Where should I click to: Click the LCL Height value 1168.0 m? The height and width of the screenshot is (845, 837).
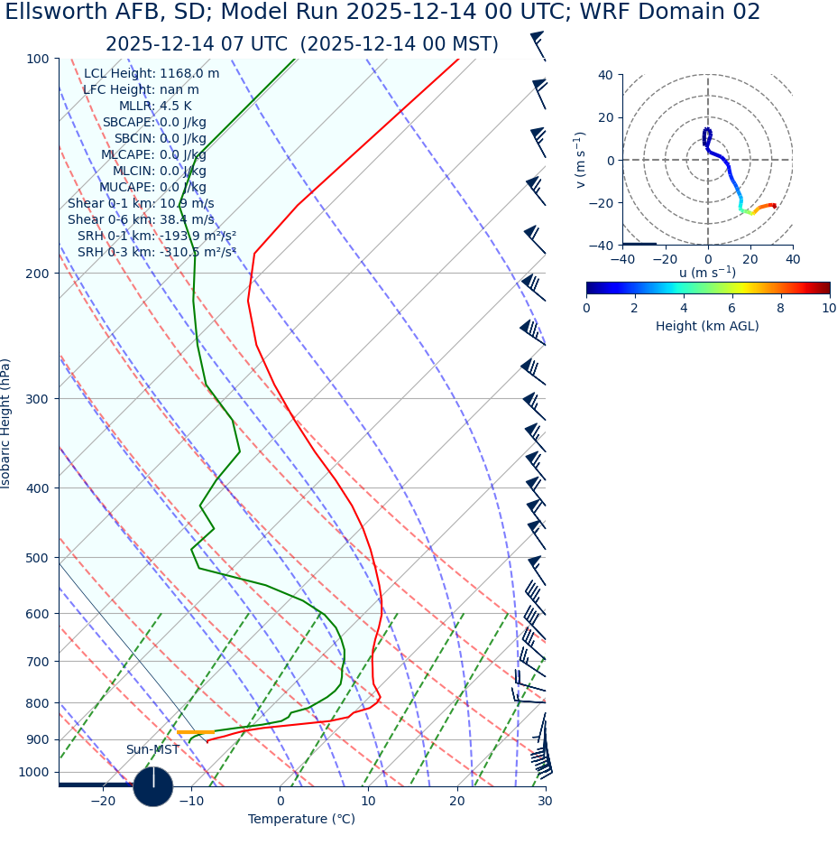pos(189,74)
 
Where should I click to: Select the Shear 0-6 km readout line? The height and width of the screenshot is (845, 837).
pos(141,219)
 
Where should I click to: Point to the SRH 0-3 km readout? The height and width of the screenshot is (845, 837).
pos(156,252)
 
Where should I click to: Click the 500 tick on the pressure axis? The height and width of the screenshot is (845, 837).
pos(37,558)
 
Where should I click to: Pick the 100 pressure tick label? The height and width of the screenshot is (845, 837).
pos(37,59)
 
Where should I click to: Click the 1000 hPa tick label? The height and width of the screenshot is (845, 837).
pos(33,772)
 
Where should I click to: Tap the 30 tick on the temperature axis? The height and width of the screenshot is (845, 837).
pos(545,802)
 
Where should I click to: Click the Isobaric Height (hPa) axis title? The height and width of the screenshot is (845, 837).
pos(7,423)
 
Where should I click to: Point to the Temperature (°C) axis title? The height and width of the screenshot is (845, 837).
pos(301,820)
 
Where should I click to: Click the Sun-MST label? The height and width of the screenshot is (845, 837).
pos(152,750)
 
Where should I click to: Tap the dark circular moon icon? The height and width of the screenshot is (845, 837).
pos(153,786)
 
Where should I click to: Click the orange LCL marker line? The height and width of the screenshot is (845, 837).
pos(195,732)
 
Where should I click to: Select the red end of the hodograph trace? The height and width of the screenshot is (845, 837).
pos(774,206)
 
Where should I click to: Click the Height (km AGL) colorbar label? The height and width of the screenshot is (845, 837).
pos(707,326)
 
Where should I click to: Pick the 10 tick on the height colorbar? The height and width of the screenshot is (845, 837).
pos(828,308)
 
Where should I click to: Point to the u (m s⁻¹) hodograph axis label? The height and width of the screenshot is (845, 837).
pos(707,273)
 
